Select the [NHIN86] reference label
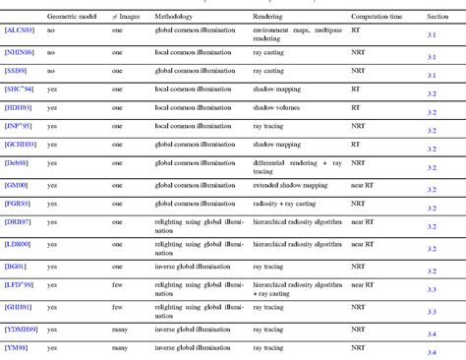click(21, 54)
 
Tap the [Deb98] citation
click(17, 162)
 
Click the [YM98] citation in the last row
click(17, 347)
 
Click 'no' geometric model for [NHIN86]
click(52, 54)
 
